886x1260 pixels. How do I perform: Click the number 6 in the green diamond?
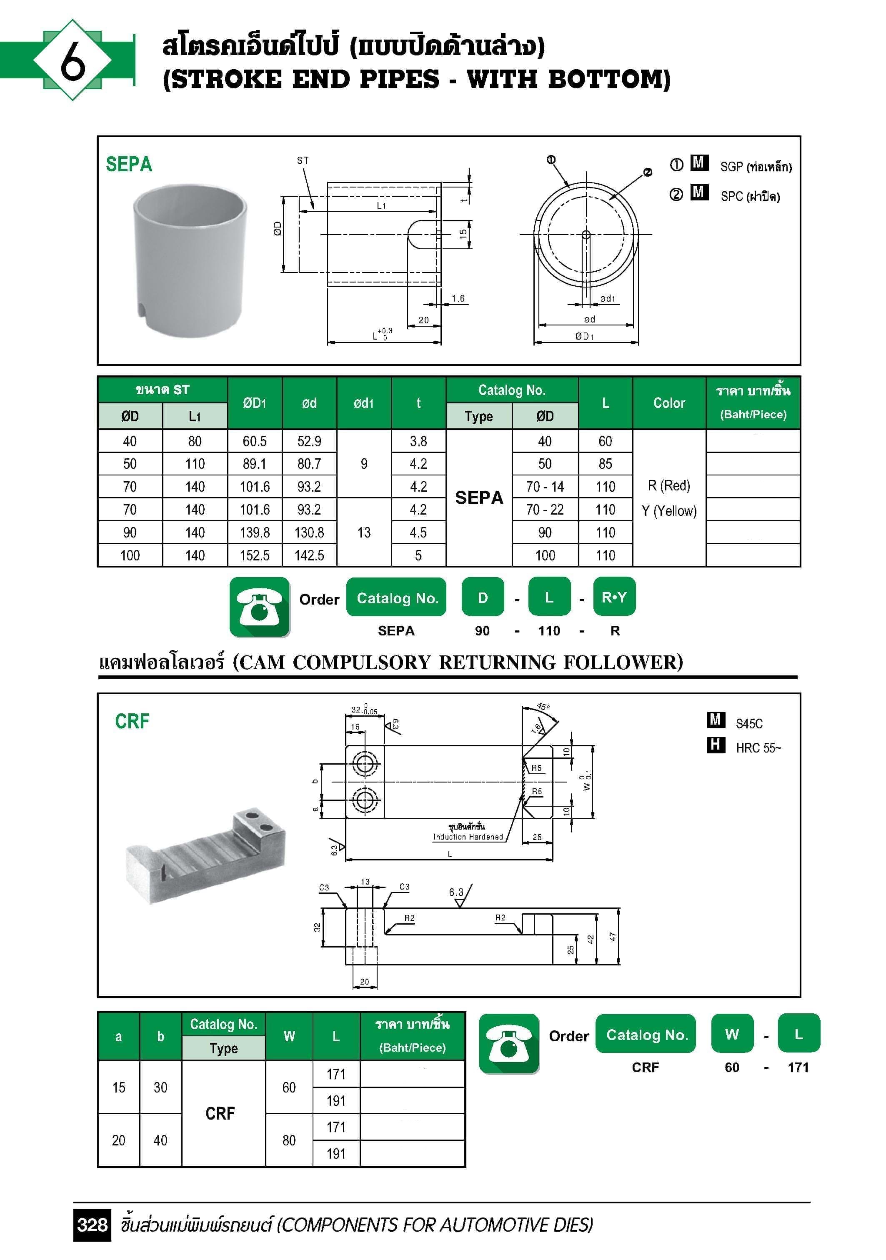click(73, 60)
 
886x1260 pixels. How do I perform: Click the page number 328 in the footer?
click(92, 1224)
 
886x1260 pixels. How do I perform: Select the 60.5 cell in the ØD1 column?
click(255, 441)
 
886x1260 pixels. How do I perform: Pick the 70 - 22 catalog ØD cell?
click(545, 510)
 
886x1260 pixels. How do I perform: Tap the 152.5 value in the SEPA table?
click(255, 555)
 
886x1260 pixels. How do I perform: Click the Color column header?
click(668, 403)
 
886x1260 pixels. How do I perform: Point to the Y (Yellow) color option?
click(668, 511)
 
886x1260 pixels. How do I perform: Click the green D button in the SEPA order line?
click(483, 597)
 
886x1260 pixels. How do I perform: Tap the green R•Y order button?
click(614, 597)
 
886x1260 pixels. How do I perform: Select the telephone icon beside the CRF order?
click(509, 1043)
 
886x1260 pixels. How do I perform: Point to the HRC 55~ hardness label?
click(758, 748)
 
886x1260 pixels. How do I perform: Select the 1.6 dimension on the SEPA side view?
click(458, 298)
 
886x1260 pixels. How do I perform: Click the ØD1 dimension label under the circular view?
click(584, 336)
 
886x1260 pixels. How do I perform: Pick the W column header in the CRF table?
click(289, 1035)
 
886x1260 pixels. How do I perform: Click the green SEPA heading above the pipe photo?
click(129, 164)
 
